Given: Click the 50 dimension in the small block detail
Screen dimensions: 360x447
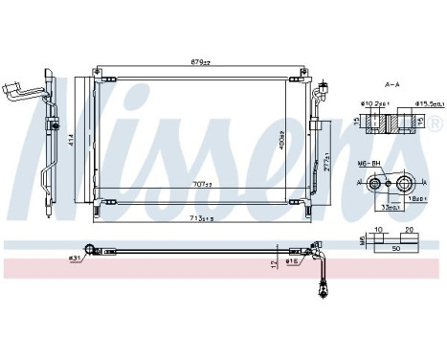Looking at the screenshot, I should [x=396, y=246].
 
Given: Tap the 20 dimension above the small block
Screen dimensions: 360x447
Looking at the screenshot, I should [x=410, y=230].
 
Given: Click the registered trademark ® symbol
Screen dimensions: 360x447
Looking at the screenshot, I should [x=436, y=124].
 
